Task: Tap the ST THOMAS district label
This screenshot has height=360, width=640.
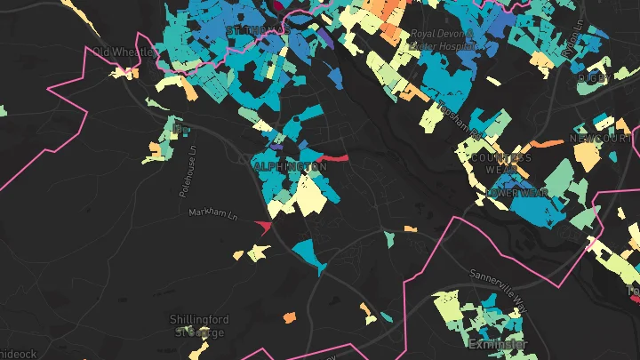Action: click(258, 30)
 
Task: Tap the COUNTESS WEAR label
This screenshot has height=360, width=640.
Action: click(500, 164)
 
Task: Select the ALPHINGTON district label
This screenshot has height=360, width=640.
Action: click(290, 167)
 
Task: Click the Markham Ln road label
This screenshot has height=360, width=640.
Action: click(214, 214)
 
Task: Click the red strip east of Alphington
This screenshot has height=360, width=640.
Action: click(331, 158)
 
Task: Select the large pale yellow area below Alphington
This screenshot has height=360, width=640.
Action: click(308, 196)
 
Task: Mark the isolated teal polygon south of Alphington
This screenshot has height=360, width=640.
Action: click(310, 253)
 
